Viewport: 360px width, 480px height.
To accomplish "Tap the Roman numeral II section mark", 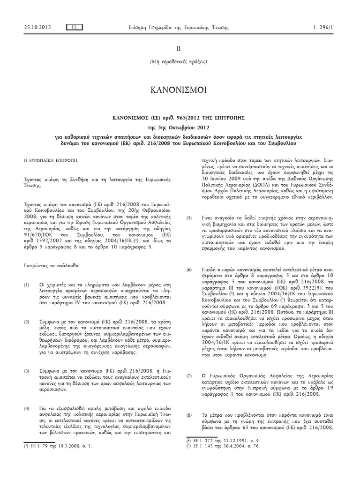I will pyautogui.click(x=180, y=48).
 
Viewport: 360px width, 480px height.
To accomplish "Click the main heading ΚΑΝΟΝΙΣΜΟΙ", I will pyautogui.click(x=180, y=90).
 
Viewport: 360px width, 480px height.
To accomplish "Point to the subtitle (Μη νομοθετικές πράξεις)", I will pyautogui.click(x=180, y=62).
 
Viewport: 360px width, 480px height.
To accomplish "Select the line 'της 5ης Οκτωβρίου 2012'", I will pyautogui.click(x=180, y=126).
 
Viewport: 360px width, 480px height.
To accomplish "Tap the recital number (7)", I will pyautogui.click(x=189, y=376).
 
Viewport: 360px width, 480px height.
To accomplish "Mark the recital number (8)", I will pyautogui.click(x=189, y=415).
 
